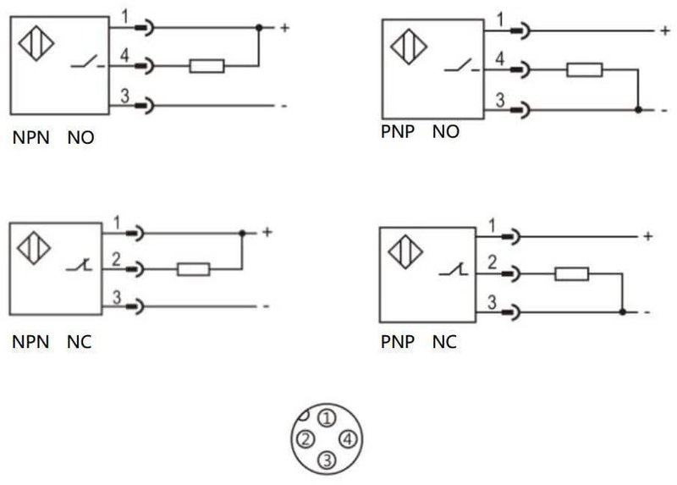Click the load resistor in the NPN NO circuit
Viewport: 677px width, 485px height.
206,66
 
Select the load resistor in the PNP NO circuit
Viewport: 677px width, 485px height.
584,69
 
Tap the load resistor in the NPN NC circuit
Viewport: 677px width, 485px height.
194,269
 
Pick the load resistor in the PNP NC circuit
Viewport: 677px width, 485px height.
571,273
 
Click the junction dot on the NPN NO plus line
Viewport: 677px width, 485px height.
259,28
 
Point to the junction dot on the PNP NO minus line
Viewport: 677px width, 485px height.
638,110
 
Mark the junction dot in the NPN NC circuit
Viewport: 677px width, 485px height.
242,234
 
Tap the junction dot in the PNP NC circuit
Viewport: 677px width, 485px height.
622,311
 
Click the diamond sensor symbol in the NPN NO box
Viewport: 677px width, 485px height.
36,43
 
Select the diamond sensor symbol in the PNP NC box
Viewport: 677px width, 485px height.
405,251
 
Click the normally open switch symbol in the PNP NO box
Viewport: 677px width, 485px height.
461,66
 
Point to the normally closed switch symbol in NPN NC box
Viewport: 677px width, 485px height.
79,265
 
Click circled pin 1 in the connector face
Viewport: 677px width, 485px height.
327,418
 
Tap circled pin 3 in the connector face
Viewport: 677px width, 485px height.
327,460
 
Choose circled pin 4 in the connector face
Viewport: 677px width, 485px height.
348,439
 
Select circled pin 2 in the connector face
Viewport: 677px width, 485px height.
305,439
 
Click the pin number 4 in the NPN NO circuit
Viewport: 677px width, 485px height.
124,55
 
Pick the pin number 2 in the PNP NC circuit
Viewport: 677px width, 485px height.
493,262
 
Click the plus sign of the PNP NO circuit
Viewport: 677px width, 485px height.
665,30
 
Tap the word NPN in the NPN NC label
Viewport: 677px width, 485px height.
30,342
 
